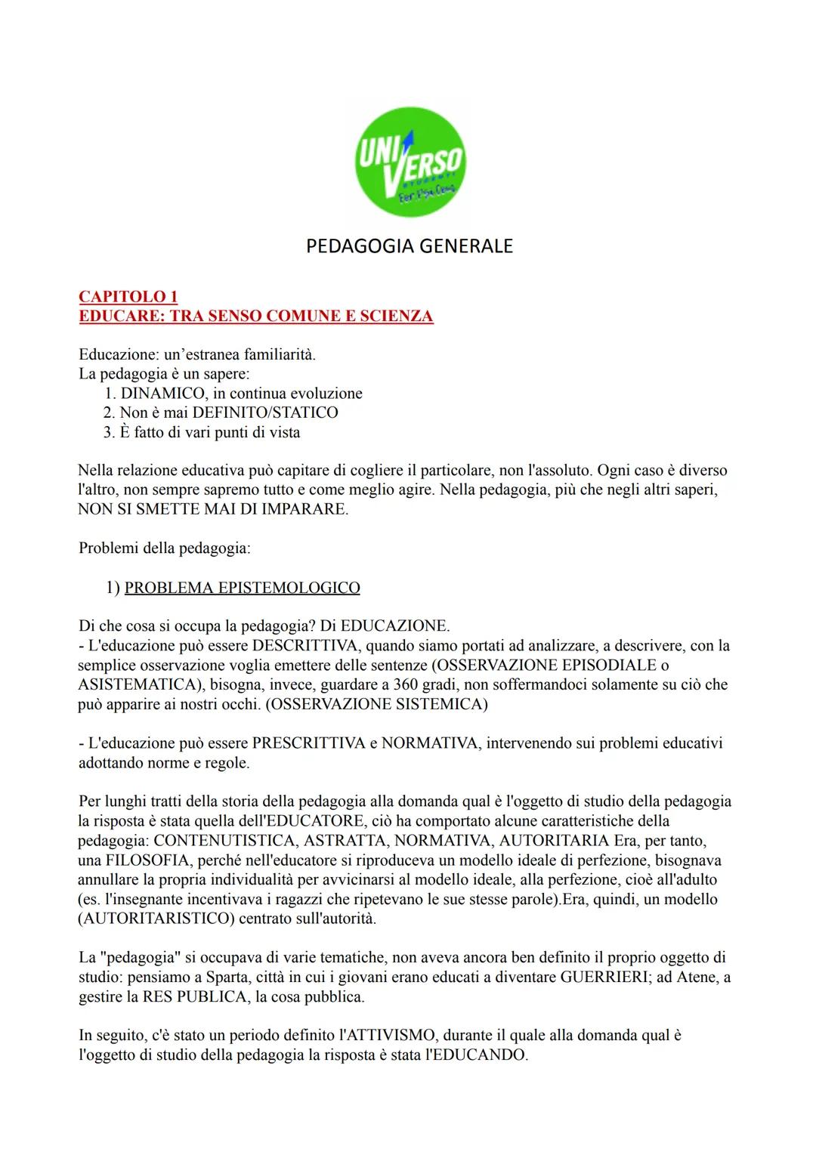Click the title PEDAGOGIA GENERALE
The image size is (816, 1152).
410,246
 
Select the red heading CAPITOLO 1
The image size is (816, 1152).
128,297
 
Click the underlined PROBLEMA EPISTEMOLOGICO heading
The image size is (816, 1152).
242,588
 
